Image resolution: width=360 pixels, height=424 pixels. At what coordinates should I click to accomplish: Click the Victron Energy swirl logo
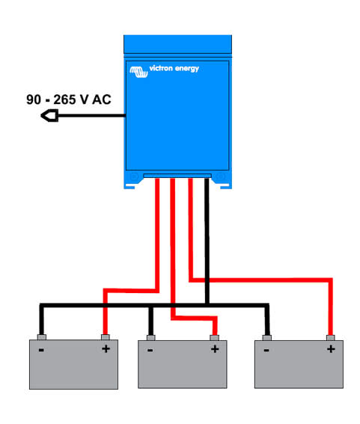[138, 72]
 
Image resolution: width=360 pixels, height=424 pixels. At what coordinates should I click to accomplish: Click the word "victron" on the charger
[161, 68]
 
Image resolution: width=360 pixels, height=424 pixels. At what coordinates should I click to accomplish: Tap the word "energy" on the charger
[187, 69]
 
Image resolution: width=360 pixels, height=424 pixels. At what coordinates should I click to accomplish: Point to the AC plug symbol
[49, 115]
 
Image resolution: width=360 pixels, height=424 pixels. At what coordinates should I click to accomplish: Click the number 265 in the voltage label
[64, 99]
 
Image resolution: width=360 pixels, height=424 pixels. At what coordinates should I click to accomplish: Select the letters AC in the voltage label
[102, 99]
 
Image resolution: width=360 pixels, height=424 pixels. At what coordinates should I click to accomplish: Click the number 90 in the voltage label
[34, 99]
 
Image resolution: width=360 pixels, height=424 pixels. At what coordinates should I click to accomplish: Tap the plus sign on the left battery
[106, 348]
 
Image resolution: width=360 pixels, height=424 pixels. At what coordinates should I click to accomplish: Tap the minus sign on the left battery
[41, 350]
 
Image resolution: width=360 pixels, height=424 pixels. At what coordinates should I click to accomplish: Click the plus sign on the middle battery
[215, 349]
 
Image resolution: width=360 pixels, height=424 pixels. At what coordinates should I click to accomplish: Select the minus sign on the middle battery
[150, 351]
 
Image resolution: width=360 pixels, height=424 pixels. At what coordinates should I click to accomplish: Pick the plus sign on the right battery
[331, 349]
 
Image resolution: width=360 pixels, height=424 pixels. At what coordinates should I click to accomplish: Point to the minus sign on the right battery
[266, 351]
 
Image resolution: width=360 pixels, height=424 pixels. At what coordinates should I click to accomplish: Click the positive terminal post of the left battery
[106, 337]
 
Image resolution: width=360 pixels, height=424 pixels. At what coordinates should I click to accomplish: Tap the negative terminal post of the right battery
[267, 338]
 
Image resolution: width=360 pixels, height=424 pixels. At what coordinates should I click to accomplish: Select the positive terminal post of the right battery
[331, 338]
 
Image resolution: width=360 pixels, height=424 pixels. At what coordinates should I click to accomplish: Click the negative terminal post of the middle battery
[150, 338]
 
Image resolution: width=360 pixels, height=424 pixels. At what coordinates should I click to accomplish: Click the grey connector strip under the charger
[177, 176]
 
